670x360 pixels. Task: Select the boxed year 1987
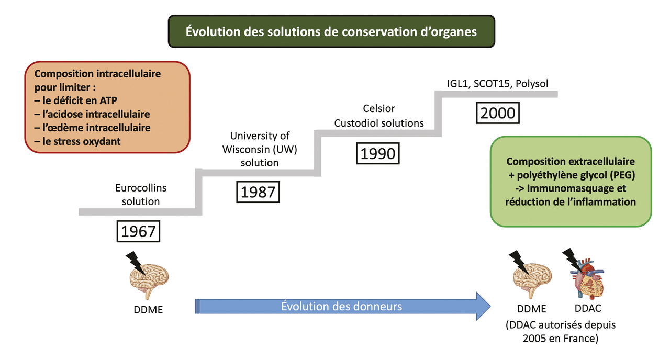tap(258, 192)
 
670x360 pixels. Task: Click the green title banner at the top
tap(331, 32)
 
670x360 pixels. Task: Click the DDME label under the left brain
tap(148, 309)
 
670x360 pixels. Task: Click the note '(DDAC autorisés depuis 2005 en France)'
tap(561, 331)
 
